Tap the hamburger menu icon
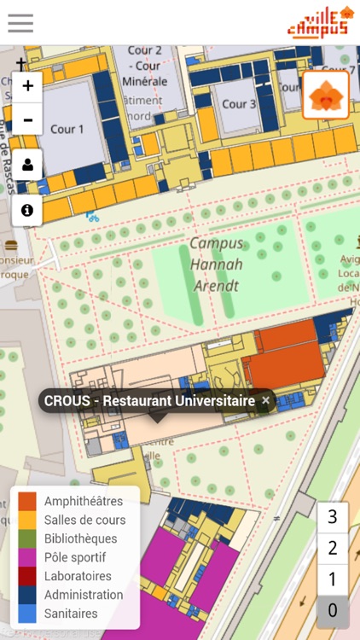[20, 23]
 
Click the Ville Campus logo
[320, 22]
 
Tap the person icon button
[27, 165]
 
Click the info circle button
[27, 209]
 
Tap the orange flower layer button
[326, 95]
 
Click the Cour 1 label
[68, 130]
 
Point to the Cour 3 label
[239, 104]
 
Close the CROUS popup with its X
[265, 400]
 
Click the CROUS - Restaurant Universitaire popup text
[149, 400]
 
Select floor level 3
[333, 516]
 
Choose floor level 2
[333, 548]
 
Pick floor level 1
[333, 579]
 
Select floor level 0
[333, 611]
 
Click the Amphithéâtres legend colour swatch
[27, 501]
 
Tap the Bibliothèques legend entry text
[80, 538]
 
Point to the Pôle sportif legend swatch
[27, 557]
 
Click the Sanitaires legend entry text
[71, 614]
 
